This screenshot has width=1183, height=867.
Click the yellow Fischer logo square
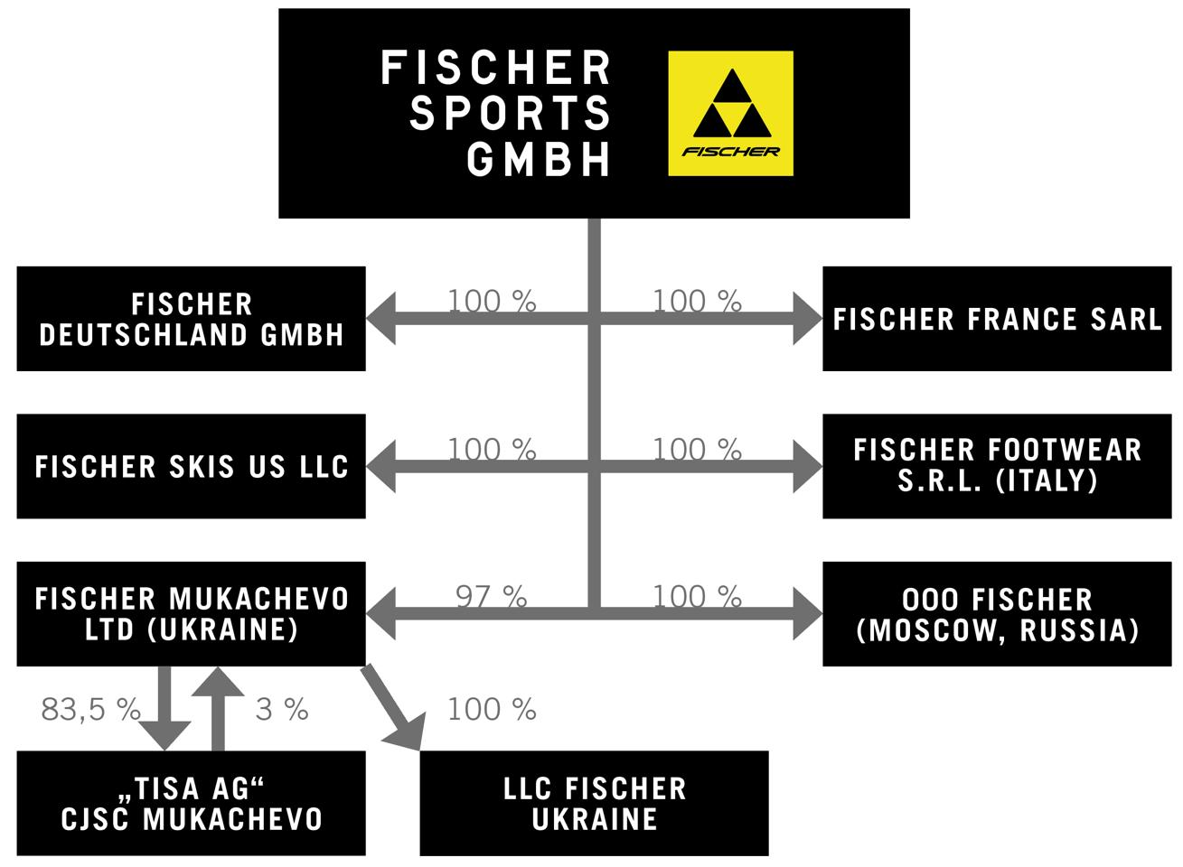(x=730, y=113)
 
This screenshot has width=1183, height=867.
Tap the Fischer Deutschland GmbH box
(x=191, y=319)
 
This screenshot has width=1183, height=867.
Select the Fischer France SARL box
(x=996, y=319)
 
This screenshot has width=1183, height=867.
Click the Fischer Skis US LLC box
(x=191, y=467)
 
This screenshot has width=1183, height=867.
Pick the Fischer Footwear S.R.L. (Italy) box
(x=996, y=467)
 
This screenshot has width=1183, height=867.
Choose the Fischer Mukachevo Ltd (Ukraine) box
(x=191, y=614)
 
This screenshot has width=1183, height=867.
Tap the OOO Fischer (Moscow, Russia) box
(x=996, y=614)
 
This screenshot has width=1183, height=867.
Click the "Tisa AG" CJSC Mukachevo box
(x=191, y=803)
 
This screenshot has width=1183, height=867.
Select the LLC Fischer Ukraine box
(x=594, y=803)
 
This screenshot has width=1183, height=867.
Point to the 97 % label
(x=491, y=596)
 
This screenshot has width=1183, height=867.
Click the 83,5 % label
(x=90, y=710)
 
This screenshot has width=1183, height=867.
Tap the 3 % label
(x=282, y=710)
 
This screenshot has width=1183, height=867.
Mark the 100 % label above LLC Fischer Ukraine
(x=492, y=710)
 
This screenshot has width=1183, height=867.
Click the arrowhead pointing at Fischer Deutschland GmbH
(x=381, y=318)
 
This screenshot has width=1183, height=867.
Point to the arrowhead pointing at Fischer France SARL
(x=806, y=318)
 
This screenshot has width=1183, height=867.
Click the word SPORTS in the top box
(x=511, y=114)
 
